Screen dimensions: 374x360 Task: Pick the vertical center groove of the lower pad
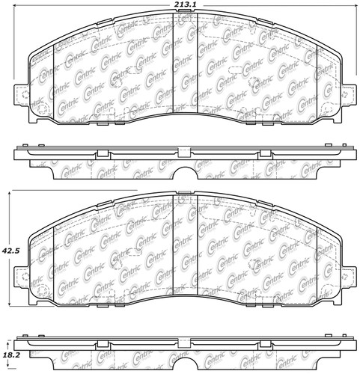(x=185, y=254)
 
